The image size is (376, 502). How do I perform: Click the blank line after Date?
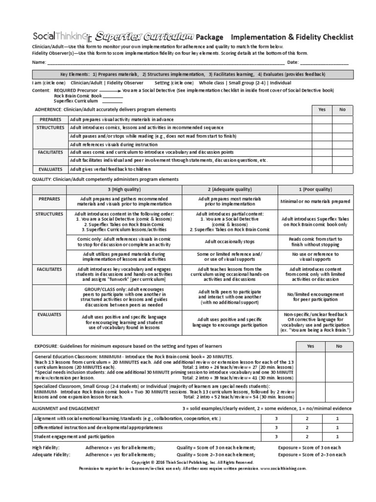tap(324, 63)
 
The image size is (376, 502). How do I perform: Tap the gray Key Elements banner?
tap(192, 74)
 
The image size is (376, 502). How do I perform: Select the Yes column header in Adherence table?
tap(322, 109)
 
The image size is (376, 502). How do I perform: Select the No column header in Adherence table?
tap(342, 109)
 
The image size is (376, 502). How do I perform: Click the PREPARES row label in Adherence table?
tap(50, 120)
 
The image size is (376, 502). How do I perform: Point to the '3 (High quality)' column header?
tap(124, 189)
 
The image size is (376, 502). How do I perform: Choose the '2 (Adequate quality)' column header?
tap(230, 189)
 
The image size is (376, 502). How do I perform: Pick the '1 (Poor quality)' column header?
tap(315, 189)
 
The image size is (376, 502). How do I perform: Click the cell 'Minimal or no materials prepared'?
tap(315, 201)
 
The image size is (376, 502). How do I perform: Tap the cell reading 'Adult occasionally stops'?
tap(230, 241)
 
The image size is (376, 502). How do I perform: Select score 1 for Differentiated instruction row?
tap(337, 427)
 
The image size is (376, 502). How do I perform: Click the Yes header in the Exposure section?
tap(310, 345)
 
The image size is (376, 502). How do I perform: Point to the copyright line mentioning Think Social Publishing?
tap(192, 462)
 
